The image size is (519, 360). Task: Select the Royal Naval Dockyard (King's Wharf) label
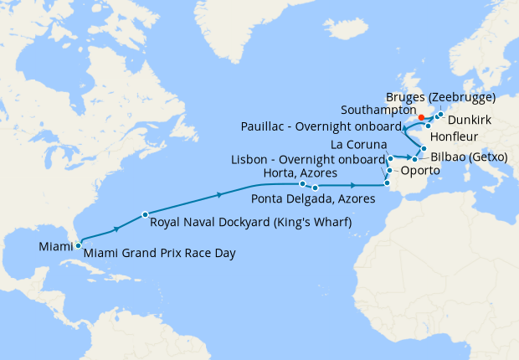pyautogui.click(x=249, y=223)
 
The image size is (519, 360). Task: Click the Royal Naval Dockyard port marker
pyautogui.click(x=145, y=214)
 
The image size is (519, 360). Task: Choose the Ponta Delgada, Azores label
pyautogui.click(x=309, y=199)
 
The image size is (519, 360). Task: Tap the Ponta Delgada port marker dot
pyautogui.click(x=316, y=188)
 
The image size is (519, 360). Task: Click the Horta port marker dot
pyautogui.click(x=301, y=183)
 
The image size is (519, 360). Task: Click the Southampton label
pyautogui.click(x=378, y=110)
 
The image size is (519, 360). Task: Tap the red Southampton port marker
pyautogui.click(x=421, y=118)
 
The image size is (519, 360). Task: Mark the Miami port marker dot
pyautogui.click(x=78, y=245)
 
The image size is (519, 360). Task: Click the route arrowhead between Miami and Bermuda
pyautogui.click(x=116, y=227)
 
